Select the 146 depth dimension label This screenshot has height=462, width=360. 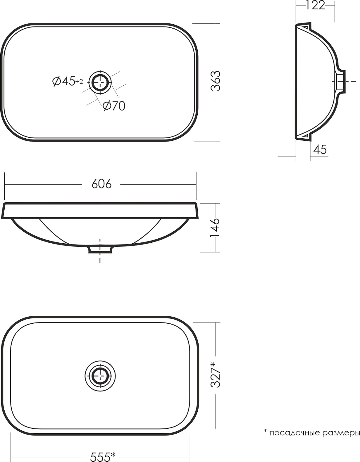coord(215,228)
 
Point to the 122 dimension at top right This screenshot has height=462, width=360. coord(315,6)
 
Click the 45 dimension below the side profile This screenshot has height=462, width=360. coord(320,149)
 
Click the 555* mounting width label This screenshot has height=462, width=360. coord(103,456)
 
